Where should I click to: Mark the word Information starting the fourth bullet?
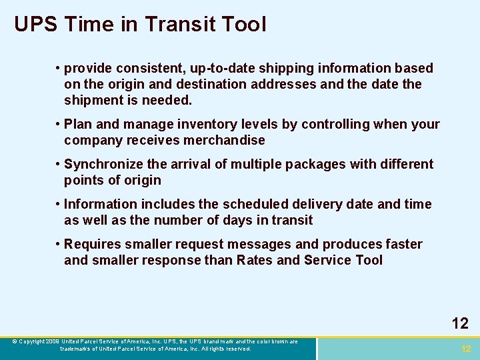coord(100,204)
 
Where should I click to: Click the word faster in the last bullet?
coord(402,244)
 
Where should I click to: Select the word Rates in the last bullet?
coord(254,261)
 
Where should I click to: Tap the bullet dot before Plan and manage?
coord(59,125)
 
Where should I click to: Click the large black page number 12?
coord(460,324)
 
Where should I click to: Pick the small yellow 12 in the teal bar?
coord(466,349)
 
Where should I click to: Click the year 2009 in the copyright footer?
coord(53,341)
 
